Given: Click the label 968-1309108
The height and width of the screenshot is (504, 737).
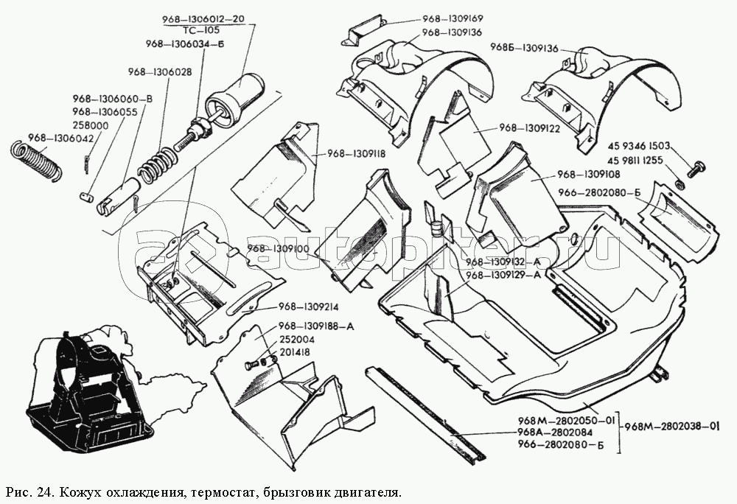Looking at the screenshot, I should (x=589, y=175).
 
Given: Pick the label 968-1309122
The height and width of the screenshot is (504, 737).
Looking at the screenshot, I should (x=531, y=128).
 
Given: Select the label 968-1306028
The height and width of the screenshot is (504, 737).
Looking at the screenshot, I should (x=159, y=72).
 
